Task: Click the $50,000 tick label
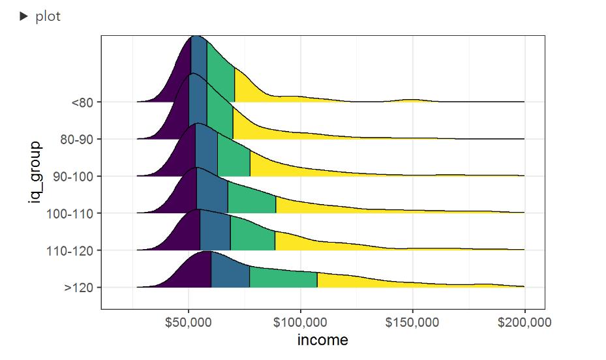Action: [x=189, y=323]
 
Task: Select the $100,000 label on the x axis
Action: [x=300, y=323]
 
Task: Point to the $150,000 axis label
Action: [x=412, y=323]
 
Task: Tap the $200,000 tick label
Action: [x=524, y=323]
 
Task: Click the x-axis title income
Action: [x=322, y=340]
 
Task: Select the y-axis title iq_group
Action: [x=35, y=172]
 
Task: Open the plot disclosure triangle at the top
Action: [x=24, y=17]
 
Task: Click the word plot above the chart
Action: [x=48, y=17]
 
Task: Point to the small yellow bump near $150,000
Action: [x=411, y=100]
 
